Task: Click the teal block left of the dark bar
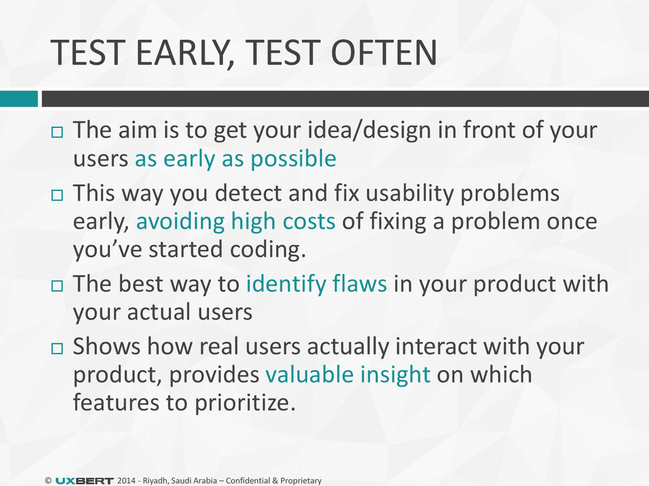tap(18, 99)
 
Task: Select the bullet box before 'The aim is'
tap(57, 132)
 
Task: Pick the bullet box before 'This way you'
tap(57, 195)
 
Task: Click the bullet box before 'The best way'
tap(57, 286)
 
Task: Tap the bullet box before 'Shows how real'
tap(57, 349)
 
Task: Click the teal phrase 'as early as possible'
tap(236, 159)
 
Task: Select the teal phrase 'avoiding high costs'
tap(236, 221)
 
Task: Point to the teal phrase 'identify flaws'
tap(317, 284)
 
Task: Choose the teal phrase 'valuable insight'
tap(348, 375)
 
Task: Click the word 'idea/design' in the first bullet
tap(369, 130)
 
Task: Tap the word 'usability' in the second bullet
tap(410, 194)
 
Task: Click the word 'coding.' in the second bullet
tap(268, 249)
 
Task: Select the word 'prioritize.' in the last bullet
tap(245, 403)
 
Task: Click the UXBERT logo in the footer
tap(84, 481)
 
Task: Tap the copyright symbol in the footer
tap(48, 481)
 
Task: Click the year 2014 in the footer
tap(127, 481)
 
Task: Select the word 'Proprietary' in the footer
tap(301, 481)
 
